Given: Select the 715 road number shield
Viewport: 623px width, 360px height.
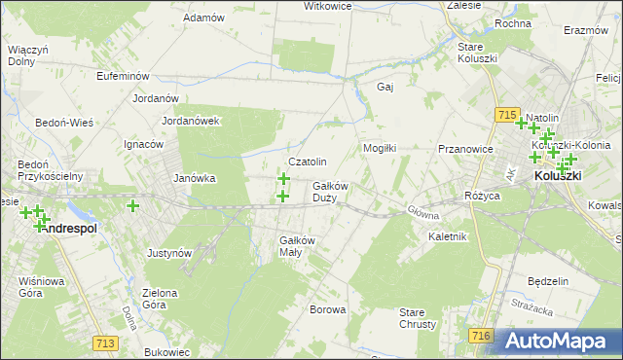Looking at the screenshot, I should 504,115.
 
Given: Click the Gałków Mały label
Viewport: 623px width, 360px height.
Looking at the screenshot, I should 297,246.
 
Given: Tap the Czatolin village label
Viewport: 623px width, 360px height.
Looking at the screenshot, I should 307,162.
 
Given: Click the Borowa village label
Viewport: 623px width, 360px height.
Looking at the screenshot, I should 327,310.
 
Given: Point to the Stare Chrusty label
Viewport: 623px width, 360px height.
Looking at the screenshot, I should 418,318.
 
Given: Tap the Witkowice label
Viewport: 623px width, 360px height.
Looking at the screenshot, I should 300,6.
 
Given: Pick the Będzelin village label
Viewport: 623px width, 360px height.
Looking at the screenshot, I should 547,281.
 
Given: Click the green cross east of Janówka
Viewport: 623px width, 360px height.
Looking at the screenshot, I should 132,205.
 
